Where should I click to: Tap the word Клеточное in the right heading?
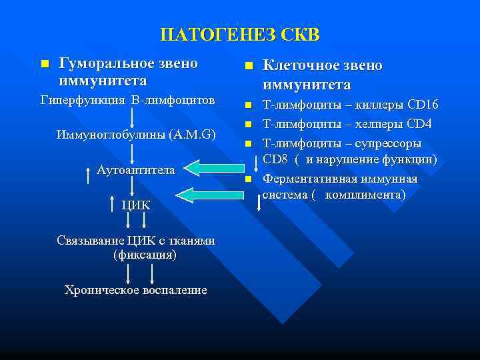coord(298,66)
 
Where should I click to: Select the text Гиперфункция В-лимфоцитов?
coord(127,100)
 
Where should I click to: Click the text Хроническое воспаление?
coord(135,290)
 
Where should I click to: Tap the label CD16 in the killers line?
coord(423,105)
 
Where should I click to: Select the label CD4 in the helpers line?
coord(419,124)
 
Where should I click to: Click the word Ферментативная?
coord(311,179)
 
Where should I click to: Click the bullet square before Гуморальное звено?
coord(45,64)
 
